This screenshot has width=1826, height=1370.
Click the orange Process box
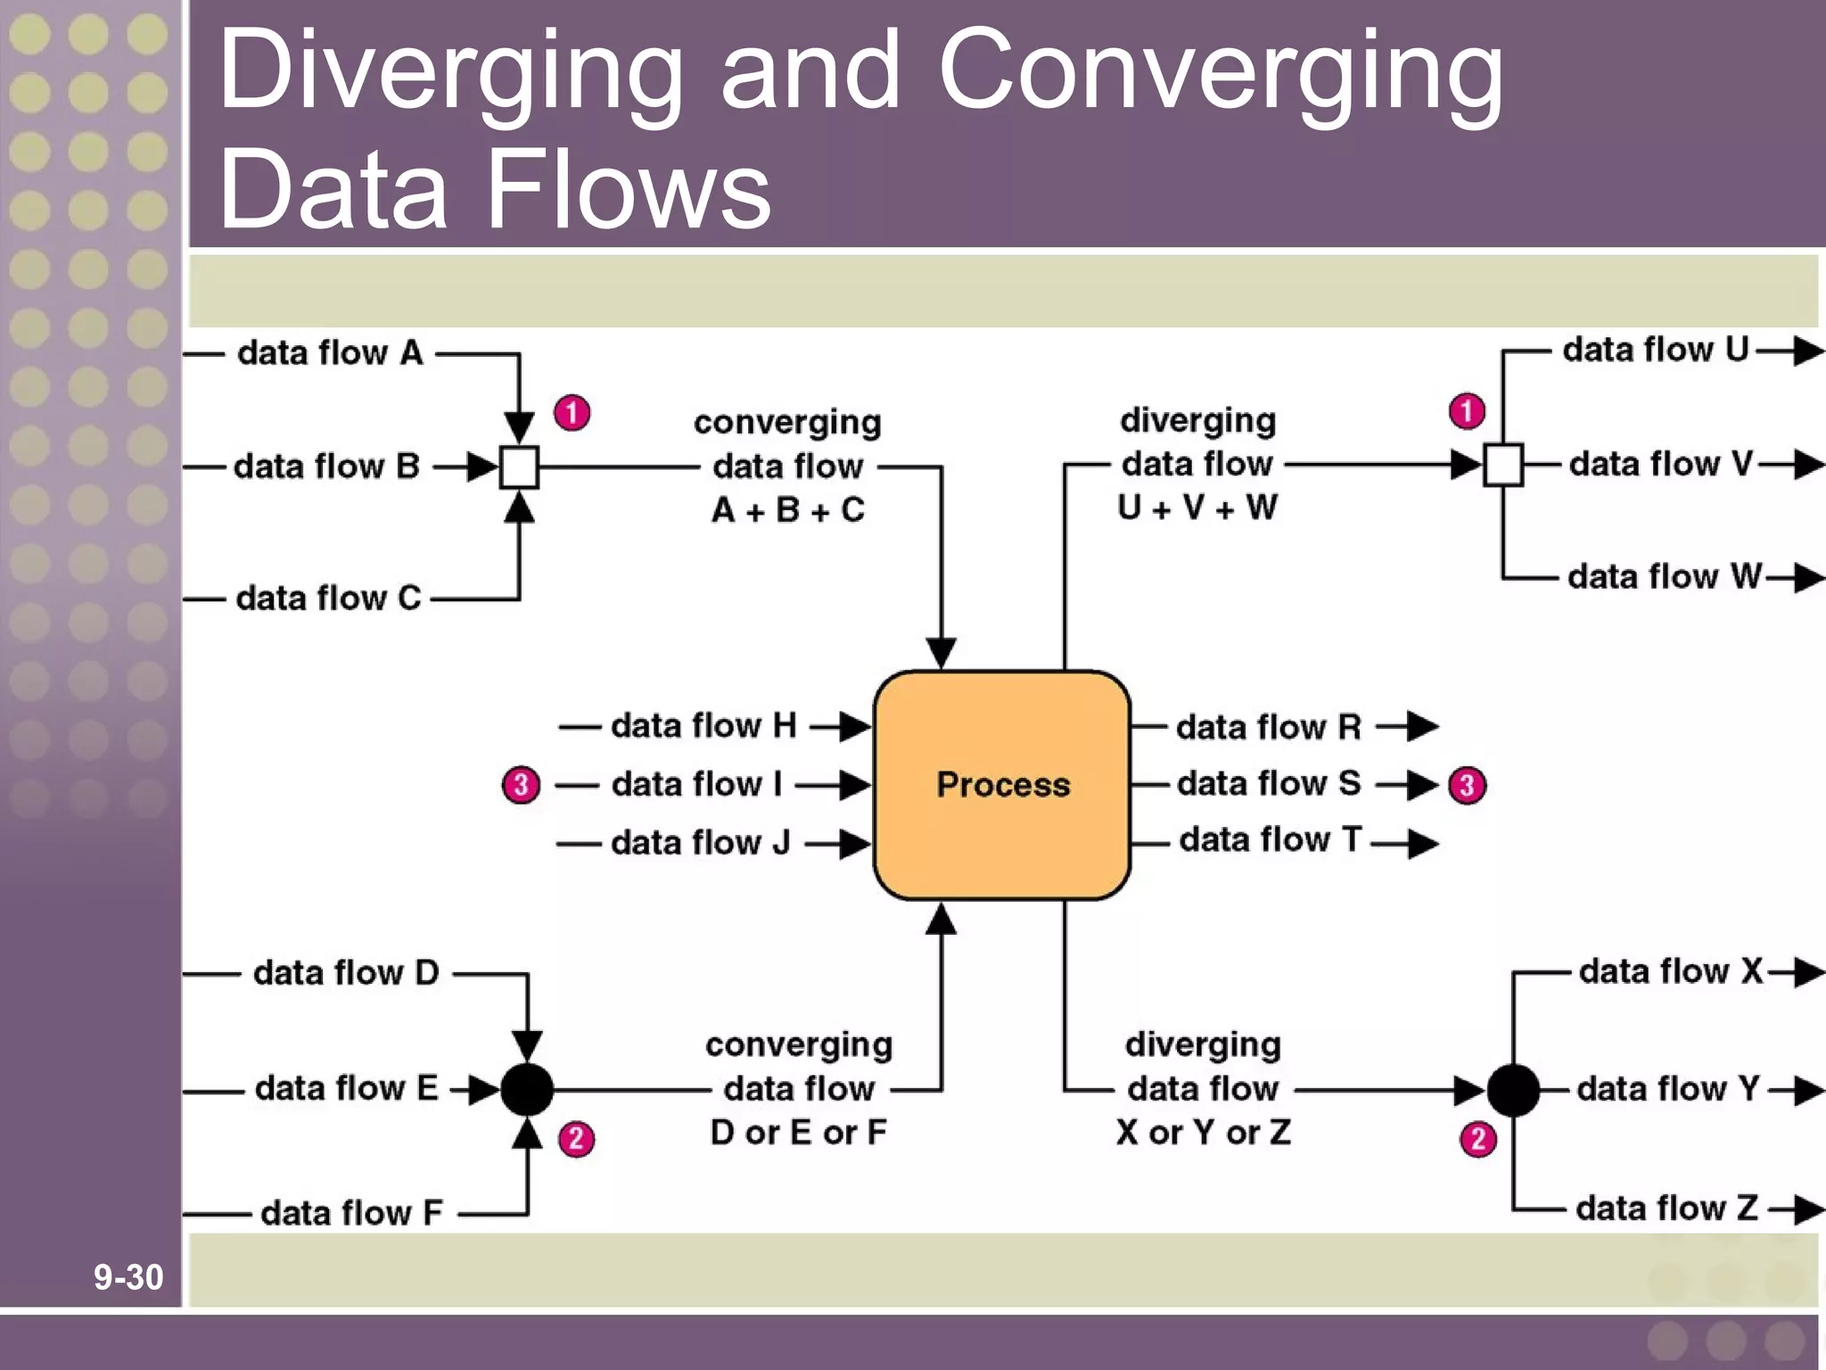tap(1002, 785)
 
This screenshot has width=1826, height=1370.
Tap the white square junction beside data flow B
tap(519, 466)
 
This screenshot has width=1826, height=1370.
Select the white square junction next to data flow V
tap(1503, 465)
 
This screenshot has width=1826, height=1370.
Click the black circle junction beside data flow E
tap(527, 1089)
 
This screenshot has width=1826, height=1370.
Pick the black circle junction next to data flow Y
tap(1513, 1090)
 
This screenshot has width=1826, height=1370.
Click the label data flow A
tap(329, 353)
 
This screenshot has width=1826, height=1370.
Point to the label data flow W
tap(1664, 576)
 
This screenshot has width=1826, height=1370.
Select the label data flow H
tap(703, 726)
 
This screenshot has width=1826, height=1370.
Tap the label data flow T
tap(1270, 839)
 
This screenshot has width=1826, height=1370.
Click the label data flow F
tap(351, 1213)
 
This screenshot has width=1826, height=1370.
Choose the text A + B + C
tap(788, 510)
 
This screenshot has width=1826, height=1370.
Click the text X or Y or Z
tap(1203, 1133)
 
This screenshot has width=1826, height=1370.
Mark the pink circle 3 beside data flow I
tap(522, 785)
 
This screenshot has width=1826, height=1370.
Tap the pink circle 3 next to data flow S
tap(1467, 786)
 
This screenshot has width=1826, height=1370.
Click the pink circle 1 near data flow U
tap(1467, 411)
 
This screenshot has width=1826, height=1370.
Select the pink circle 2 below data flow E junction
tap(576, 1139)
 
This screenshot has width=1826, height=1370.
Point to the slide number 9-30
tap(128, 1277)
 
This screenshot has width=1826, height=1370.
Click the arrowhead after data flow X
tap(1806, 972)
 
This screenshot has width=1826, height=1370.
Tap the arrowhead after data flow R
tap(1422, 726)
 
